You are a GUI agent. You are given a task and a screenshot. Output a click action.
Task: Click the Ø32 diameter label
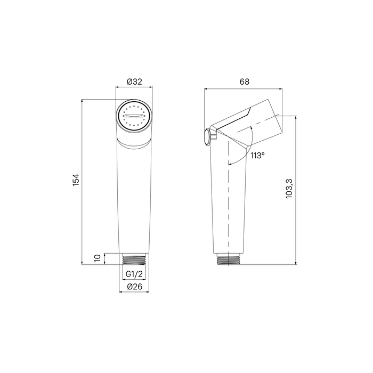click(134, 82)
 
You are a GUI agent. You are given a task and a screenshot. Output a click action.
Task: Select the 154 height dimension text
click(76, 180)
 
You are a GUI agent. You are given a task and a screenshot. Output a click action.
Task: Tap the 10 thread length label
click(98, 258)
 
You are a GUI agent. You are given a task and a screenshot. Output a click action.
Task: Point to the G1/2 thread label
click(134, 274)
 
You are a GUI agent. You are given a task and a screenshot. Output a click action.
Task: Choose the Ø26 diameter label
click(134, 287)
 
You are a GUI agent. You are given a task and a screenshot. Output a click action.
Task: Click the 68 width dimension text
click(244, 82)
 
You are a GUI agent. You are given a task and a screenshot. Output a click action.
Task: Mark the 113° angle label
click(257, 156)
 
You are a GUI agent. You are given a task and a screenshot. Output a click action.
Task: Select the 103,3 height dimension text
click(289, 189)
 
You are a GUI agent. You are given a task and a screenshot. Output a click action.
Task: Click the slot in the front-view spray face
click(134, 116)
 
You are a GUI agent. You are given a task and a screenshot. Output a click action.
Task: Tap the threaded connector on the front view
click(134, 260)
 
